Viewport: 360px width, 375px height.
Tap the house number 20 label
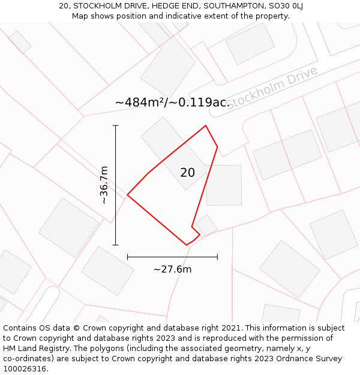[x=187, y=173]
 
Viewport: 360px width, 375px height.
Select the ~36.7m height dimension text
[x=104, y=185]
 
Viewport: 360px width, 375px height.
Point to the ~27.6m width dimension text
[x=172, y=269]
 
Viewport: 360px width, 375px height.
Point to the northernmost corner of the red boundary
[x=206, y=125]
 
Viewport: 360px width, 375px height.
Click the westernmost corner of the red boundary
[x=127, y=194]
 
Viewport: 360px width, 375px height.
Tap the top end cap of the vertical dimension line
[x=115, y=125]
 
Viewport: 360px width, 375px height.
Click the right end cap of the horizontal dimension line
[x=217, y=257]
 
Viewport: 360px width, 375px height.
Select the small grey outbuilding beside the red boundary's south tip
[x=206, y=226]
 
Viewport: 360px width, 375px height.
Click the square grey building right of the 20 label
[x=224, y=185]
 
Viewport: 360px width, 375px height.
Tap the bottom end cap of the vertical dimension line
[x=115, y=245]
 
